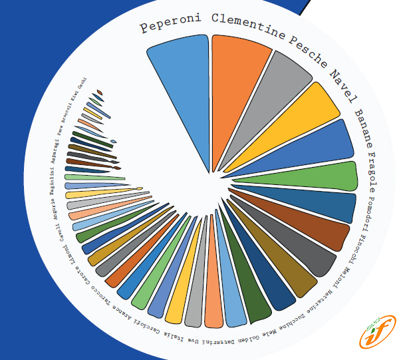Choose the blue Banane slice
319,146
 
